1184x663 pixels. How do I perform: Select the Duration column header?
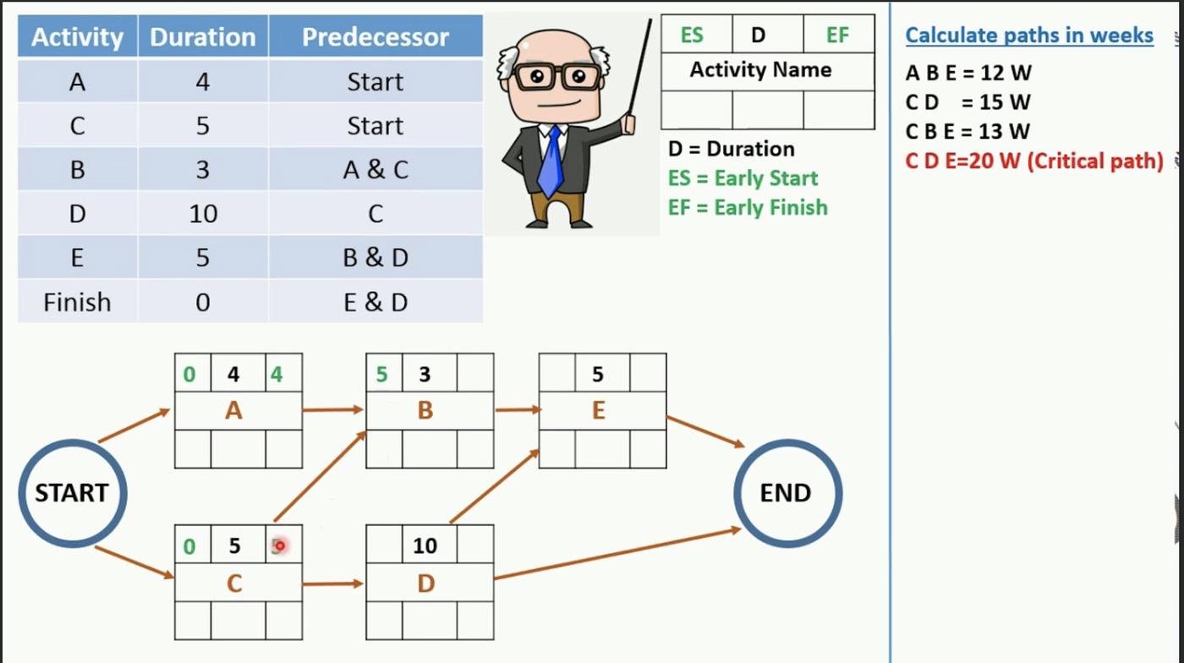[x=203, y=36]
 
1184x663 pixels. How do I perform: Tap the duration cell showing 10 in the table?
[x=203, y=214]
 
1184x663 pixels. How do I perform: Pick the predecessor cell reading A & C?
[x=375, y=170]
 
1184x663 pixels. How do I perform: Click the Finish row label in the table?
[x=77, y=303]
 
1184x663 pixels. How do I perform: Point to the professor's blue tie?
[x=551, y=162]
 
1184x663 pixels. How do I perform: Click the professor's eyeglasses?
[x=557, y=76]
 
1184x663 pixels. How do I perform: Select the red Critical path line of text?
[x=1034, y=161]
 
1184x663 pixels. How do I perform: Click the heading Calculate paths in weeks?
[x=1029, y=36]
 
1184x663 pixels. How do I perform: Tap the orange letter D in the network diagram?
[x=426, y=584]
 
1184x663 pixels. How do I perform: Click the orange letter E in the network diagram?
[x=599, y=410]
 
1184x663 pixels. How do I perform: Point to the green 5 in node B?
[x=381, y=375]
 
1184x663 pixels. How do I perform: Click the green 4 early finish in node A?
[x=277, y=375]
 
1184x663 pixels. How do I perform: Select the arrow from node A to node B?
[x=333, y=409]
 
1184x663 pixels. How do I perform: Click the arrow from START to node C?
[x=134, y=562]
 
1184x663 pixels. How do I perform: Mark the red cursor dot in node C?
[x=280, y=545]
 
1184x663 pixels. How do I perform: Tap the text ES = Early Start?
[x=743, y=178]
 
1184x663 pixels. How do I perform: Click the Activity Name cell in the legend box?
[x=761, y=70]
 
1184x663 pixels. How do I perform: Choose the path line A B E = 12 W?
[x=968, y=73]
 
